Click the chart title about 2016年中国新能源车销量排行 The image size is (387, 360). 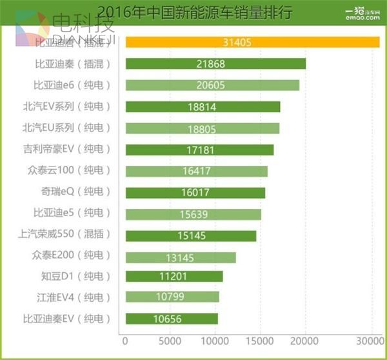(193, 11)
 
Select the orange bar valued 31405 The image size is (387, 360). (252, 43)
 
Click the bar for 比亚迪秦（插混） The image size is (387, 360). (215, 65)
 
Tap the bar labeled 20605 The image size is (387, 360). (212, 86)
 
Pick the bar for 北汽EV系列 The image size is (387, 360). (203, 107)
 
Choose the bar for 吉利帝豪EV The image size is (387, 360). (199, 150)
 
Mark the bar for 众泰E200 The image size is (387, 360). (180, 257)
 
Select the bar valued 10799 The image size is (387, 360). (172, 297)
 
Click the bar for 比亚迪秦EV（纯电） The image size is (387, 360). (172, 319)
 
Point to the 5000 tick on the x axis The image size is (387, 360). (169, 340)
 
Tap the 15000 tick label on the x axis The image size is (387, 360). (259, 340)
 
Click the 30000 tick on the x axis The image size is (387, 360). (368, 340)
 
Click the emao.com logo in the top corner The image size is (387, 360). (362, 13)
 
